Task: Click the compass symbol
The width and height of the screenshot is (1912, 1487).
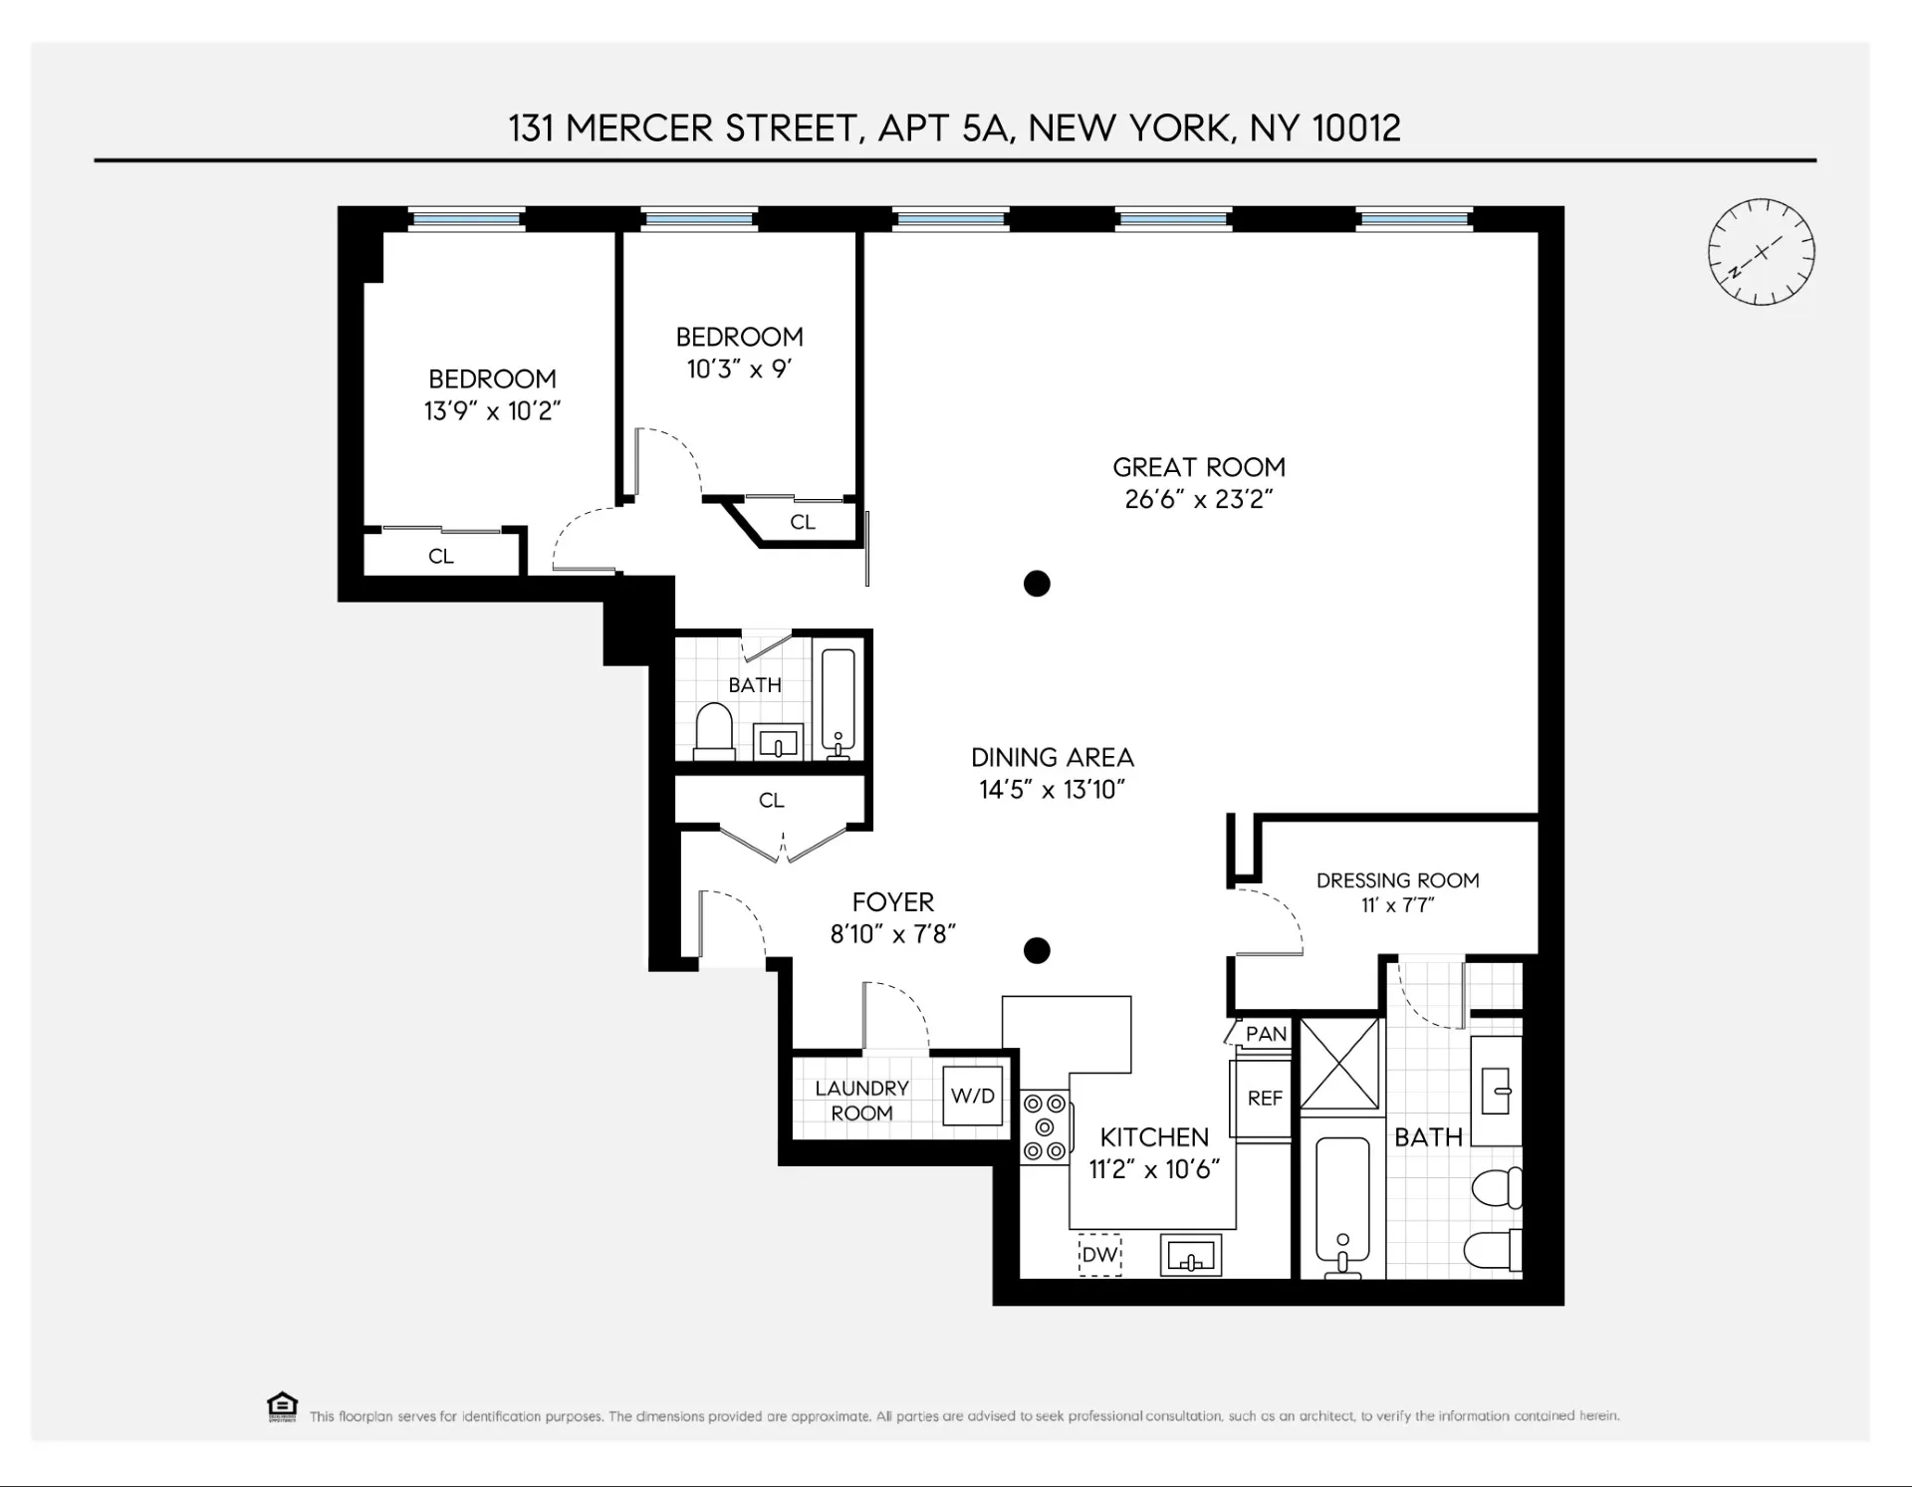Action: point(1761,252)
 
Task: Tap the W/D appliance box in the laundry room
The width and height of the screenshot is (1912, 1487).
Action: point(972,1096)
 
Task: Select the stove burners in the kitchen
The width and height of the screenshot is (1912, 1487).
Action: point(1045,1127)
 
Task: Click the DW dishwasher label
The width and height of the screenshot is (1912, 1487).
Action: point(1099,1255)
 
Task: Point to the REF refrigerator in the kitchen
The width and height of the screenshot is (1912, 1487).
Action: point(1265,1098)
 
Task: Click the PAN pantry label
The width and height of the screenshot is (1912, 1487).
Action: point(1266,1034)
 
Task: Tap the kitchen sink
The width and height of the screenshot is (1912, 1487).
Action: point(1191,1256)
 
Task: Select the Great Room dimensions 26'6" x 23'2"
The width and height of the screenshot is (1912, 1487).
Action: point(1199,499)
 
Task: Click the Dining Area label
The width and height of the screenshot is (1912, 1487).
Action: point(1053,758)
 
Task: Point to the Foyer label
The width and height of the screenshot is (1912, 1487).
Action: point(893,902)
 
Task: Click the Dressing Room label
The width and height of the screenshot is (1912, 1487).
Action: point(1397,880)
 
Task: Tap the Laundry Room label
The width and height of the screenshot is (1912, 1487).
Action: point(862,1101)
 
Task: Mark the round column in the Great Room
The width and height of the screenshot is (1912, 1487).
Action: point(1037,584)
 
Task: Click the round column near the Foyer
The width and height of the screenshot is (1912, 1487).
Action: point(1037,950)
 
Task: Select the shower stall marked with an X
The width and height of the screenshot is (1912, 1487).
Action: point(1341,1064)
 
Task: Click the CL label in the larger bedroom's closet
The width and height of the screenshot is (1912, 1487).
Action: point(441,557)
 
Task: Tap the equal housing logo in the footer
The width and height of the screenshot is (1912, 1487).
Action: point(282,1406)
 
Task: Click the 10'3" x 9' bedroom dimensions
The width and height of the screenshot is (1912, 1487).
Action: point(739,370)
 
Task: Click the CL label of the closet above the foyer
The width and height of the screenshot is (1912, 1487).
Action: point(772,801)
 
